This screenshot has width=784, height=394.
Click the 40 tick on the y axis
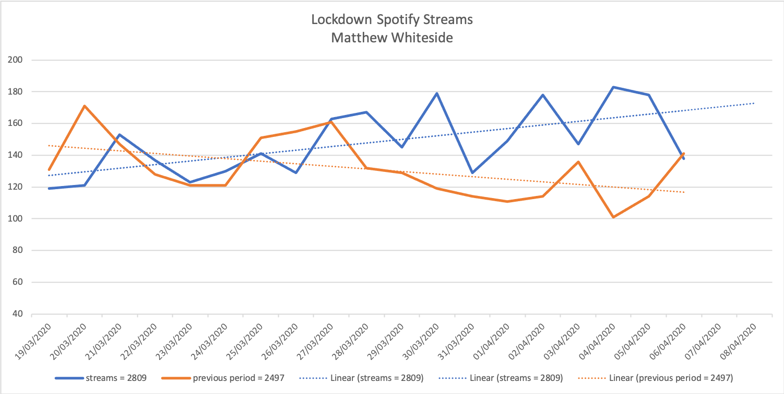pyautogui.click(x=18, y=314)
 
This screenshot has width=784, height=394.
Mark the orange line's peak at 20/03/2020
pyautogui.click(x=85, y=106)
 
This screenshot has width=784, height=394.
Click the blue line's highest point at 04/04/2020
pyautogui.click(x=613, y=87)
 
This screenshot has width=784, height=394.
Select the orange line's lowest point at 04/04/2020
pyautogui.click(x=613, y=217)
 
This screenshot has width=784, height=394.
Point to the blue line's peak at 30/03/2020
pyautogui.click(x=437, y=94)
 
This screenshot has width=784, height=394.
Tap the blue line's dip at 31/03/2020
pyautogui.click(x=472, y=172)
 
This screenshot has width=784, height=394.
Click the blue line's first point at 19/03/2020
pyautogui.click(x=49, y=188)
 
